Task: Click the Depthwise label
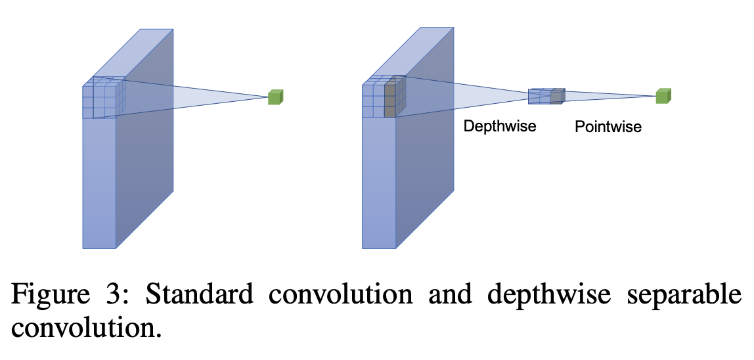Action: tap(499, 126)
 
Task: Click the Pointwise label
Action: tap(608, 126)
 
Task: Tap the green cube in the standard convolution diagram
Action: tap(275, 97)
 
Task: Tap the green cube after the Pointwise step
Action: tap(663, 96)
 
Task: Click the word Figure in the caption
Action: tap(49, 294)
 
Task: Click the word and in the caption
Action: tap(450, 294)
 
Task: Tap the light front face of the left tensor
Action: tap(99, 184)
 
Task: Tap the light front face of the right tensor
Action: tap(379, 184)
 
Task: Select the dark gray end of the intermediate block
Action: tap(556, 97)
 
